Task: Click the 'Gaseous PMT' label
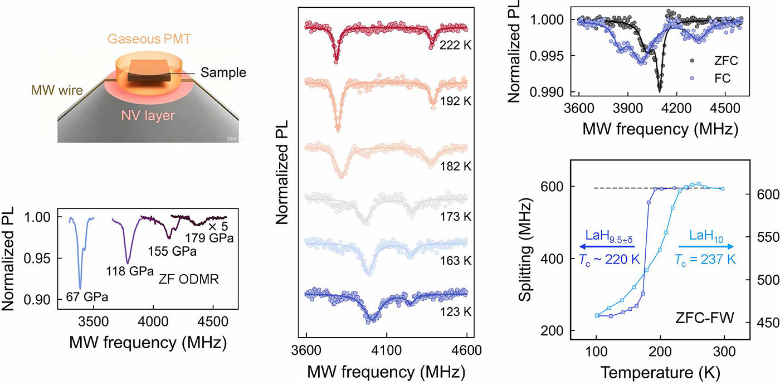pyautogui.click(x=149, y=38)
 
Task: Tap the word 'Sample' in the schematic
pyautogui.click(x=223, y=72)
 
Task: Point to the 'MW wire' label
pyautogui.click(x=57, y=90)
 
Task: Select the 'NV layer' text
pyautogui.click(x=148, y=115)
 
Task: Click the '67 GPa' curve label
pyautogui.click(x=87, y=297)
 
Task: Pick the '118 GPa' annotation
pyautogui.click(x=130, y=271)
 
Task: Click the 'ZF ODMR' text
pyautogui.click(x=188, y=279)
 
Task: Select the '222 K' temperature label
pyautogui.click(x=455, y=45)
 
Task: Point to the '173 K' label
pyautogui.click(x=455, y=217)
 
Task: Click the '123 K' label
pyautogui.click(x=455, y=311)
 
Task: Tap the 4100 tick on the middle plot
pyautogui.click(x=387, y=350)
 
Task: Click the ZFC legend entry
pyautogui.click(x=714, y=61)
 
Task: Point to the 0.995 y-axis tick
pyautogui.click(x=547, y=56)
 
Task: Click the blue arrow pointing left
pyautogui.click(x=607, y=247)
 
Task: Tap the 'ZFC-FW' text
pyautogui.click(x=705, y=318)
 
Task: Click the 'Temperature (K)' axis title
pyautogui.click(x=660, y=373)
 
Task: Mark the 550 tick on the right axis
pyautogui.click(x=768, y=237)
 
